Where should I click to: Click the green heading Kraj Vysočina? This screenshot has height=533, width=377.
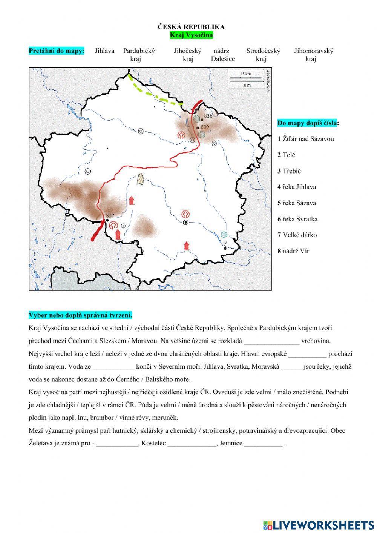pyautogui.click(x=191, y=35)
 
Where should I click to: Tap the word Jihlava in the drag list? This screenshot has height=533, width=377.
pyautogui.click(x=104, y=51)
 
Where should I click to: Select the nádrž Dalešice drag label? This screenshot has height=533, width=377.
pyautogui.click(x=223, y=55)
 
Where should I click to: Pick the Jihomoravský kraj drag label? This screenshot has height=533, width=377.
pyautogui.click(x=313, y=55)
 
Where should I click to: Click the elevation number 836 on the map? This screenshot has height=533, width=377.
pyautogui.click(x=208, y=116)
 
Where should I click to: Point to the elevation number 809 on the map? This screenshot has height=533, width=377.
pyautogui.click(x=205, y=127)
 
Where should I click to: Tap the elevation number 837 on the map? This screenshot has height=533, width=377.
pyautogui.click(x=110, y=215)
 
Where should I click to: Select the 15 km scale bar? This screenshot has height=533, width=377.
pyautogui.click(x=246, y=77)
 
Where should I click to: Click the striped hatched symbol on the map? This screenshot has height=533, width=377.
pyautogui.click(x=141, y=179)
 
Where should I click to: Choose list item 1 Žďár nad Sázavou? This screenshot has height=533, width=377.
pyautogui.click(x=306, y=139)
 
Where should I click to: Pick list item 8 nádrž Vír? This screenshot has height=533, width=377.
pyautogui.click(x=293, y=251)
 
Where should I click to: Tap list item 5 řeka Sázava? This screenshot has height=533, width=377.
pyautogui.click(x=297, y=203)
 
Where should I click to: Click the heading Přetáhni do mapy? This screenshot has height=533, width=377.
pyautogui.click(x=57, y=51)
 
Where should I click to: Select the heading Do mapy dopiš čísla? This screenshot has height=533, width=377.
pyautogui.click(x=308, y=123)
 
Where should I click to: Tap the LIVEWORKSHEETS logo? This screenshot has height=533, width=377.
pyautogui.click(x=319, y=525)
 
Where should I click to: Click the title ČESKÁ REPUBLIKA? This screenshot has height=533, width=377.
pyautogui.click(x=191, y=27)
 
